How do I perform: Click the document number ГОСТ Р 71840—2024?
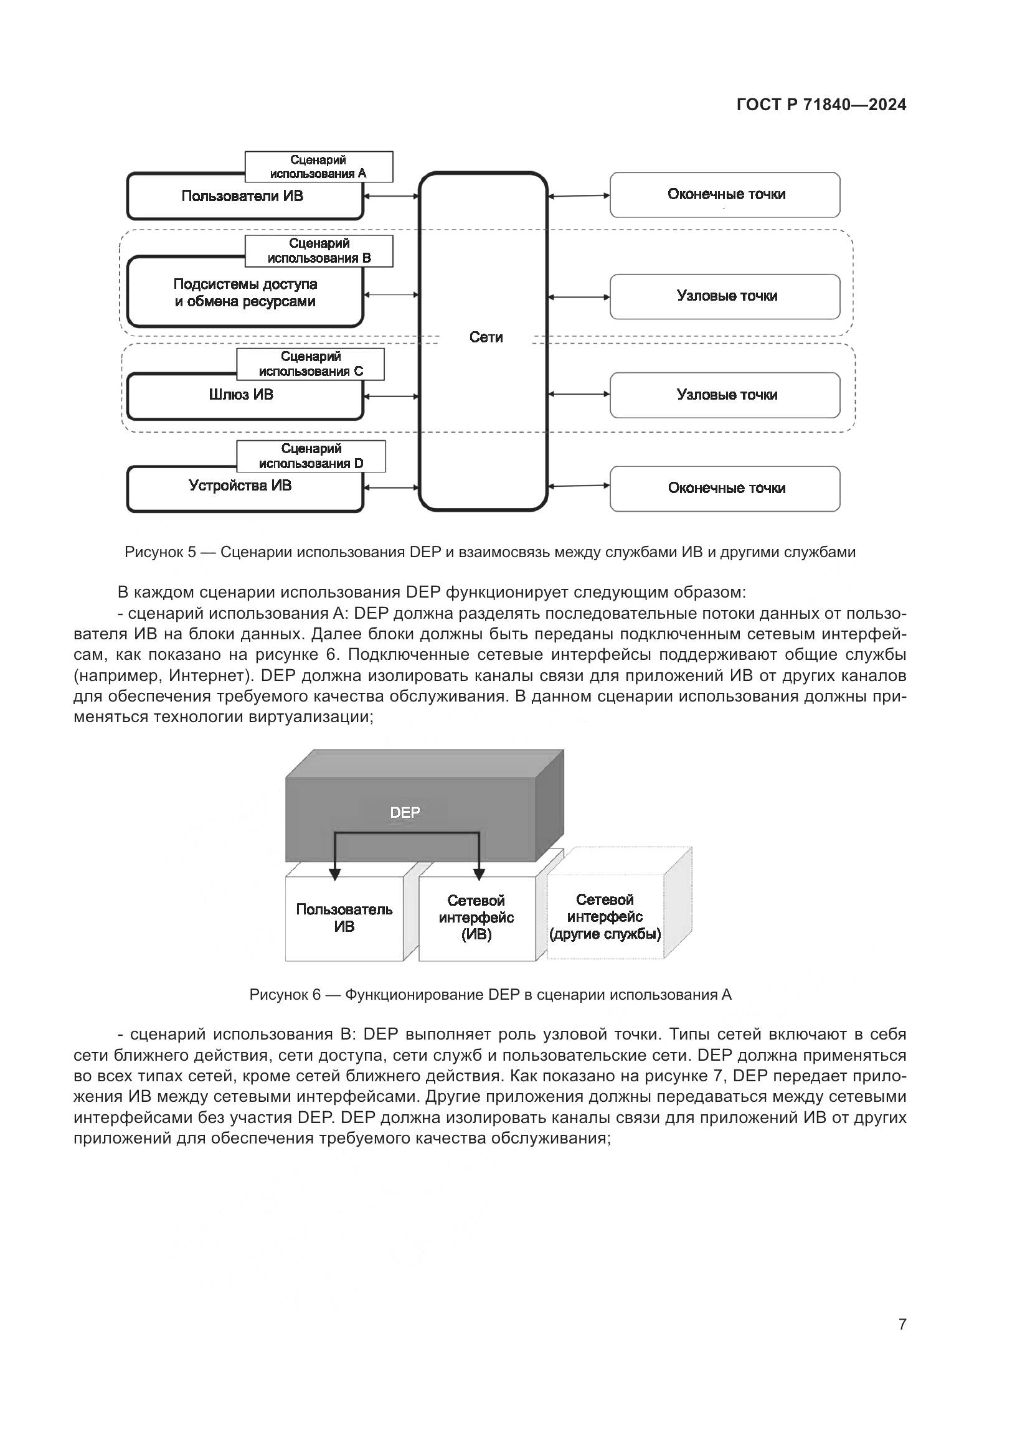(821, 105)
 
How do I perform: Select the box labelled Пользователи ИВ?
(242, 197)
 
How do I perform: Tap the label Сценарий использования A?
(318, 167)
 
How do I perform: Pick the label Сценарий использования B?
(319, 250)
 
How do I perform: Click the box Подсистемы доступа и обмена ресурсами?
(245, 293)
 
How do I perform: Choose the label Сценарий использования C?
(311, 364)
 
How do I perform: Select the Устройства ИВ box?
(240, 486)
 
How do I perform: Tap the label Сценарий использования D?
(311, 456)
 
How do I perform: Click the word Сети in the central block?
(486, 337)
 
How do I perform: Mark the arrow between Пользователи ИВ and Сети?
(391, 197)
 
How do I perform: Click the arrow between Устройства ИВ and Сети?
(391, 487)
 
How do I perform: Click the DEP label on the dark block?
(405, 812)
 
